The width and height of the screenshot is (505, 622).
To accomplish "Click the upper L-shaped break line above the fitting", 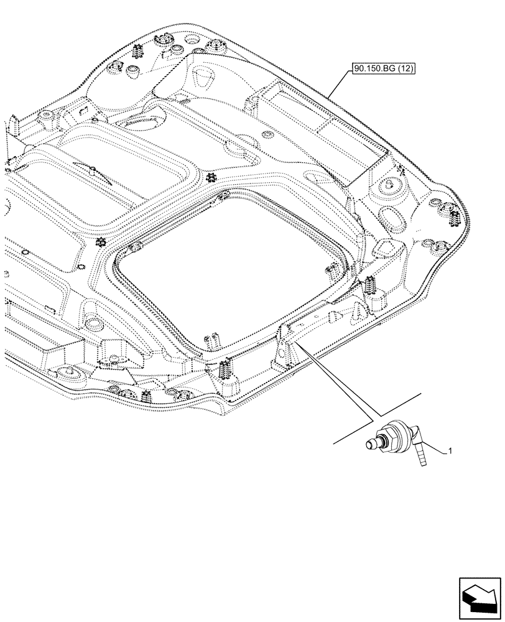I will pos(398,404).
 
